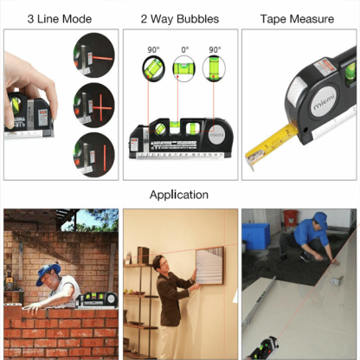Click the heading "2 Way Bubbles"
point(179,18)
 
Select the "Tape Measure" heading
point(299,18)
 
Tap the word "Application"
point(179,195)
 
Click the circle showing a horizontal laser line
point(92,50)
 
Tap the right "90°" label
point(214,50)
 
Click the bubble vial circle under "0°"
point(183,69)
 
